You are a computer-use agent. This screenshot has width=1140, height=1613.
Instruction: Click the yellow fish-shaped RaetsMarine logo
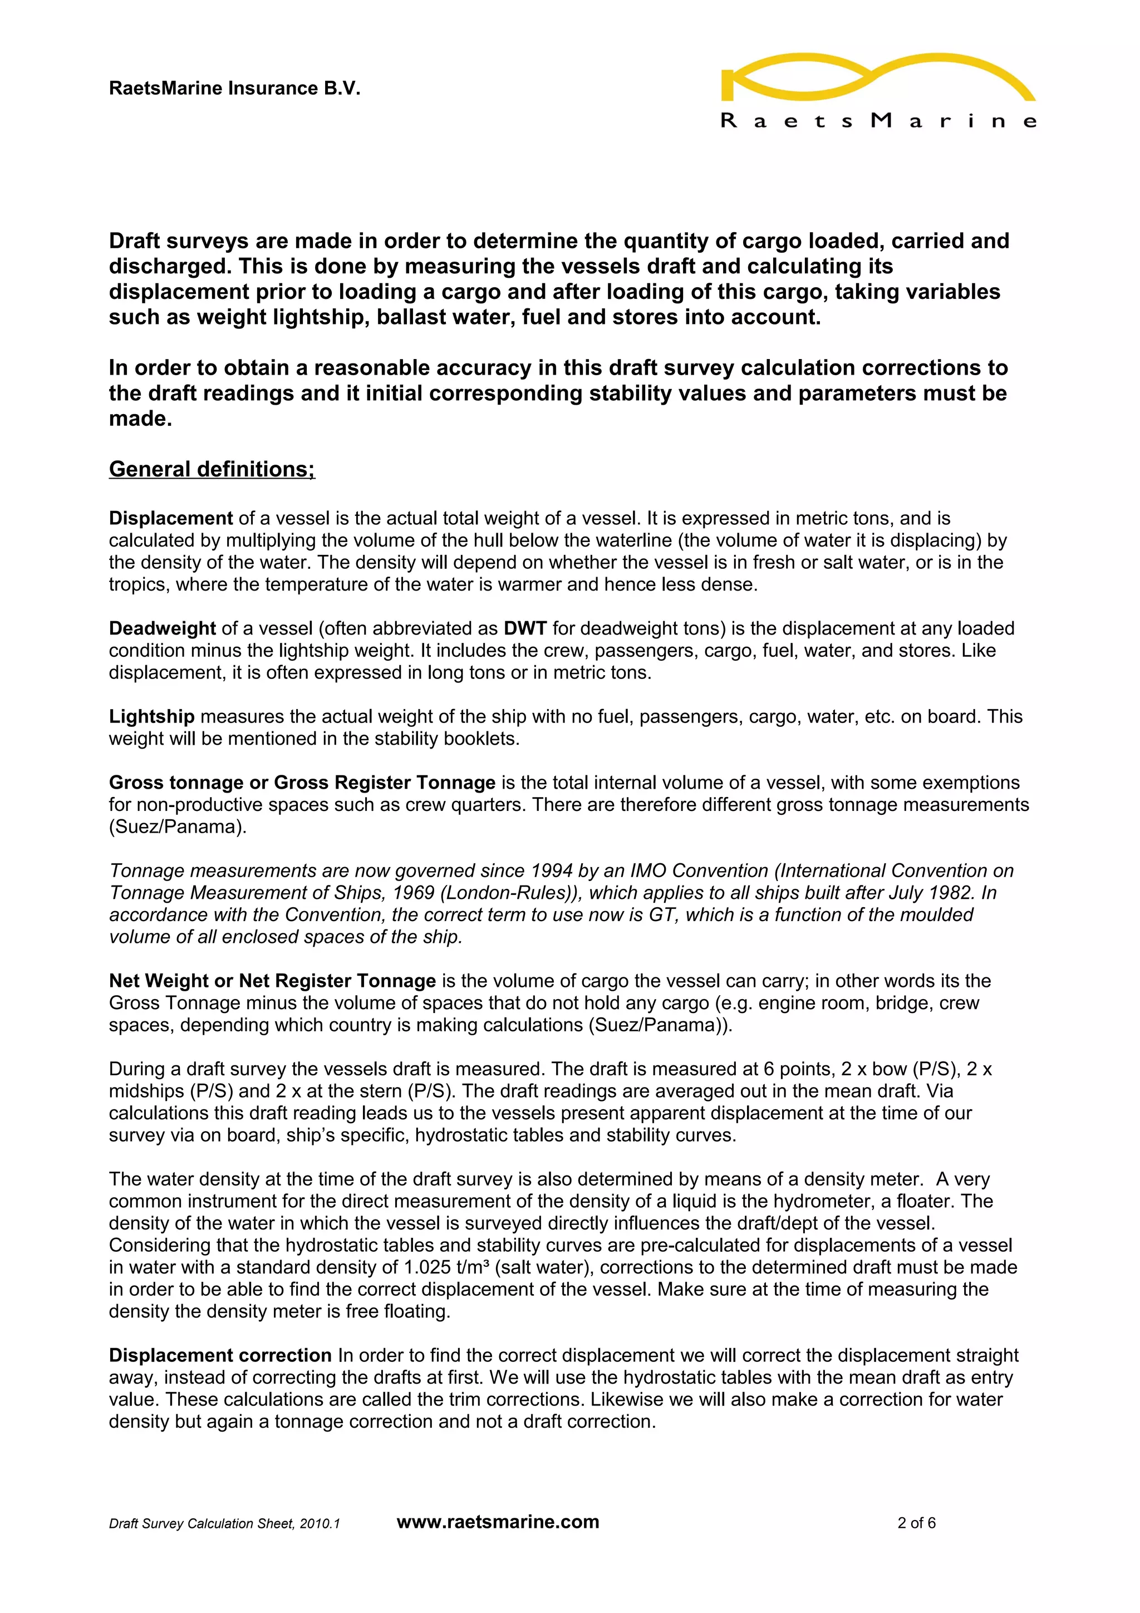coord(878,77)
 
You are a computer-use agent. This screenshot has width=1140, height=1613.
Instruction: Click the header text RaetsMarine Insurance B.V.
coord(234,88)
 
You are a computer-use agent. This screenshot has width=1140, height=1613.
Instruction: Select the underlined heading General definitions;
coord(212,469)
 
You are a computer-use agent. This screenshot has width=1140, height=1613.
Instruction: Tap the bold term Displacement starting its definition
coord(171,519)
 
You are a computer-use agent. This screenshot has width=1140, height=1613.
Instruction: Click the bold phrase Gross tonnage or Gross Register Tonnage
coord(302,783)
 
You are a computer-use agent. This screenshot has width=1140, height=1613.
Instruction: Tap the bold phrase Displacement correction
coord(220,1355)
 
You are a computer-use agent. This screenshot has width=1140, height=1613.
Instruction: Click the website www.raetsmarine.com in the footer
coord(498,1522)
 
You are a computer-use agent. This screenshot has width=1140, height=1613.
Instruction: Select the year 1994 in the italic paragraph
coord(552,871)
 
